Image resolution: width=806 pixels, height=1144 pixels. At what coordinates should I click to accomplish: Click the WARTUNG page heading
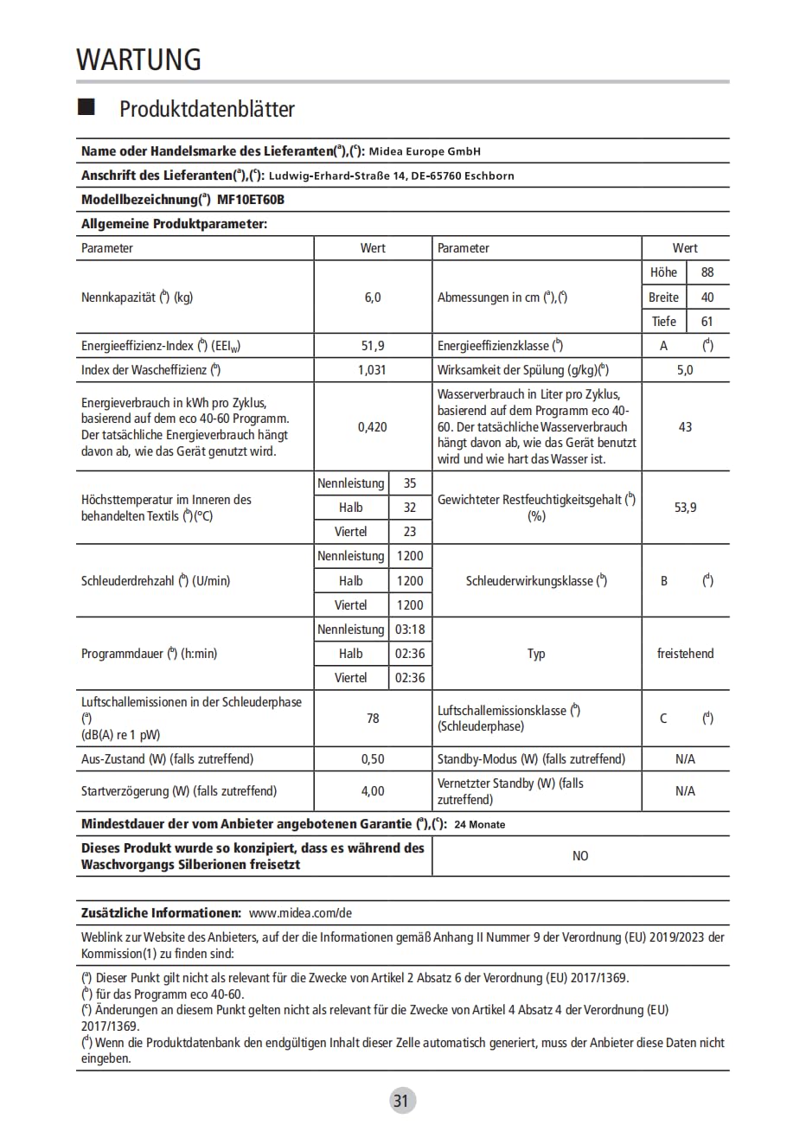coord(138,59)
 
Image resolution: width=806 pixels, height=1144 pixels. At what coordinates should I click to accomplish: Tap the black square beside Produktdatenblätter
coord(86,107)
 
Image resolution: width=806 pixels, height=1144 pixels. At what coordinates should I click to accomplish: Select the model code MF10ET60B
coord(251,200)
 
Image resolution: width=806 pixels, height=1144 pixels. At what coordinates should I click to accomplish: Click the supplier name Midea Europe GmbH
coord(425,151)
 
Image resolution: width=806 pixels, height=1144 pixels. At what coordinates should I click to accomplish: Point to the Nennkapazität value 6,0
coord(373,297)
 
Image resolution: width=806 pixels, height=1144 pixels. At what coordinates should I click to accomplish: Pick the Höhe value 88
coord(707,272)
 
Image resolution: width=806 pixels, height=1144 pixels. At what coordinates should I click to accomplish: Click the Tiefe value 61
coord(707,322)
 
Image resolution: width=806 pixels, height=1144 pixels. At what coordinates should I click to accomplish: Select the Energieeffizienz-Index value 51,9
coord(373,346)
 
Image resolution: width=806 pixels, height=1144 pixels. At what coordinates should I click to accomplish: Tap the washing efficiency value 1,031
coord(372,370)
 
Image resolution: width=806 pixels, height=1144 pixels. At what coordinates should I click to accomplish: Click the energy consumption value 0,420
coord(373,427)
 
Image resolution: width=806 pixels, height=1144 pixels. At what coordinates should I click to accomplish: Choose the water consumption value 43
coord(685,427)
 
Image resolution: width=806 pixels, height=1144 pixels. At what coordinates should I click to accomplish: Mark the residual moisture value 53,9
coord(685,508)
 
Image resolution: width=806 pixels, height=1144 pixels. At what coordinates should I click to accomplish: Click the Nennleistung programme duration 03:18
coord(410,630)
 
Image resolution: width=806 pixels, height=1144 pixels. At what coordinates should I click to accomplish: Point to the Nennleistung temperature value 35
coord(410,483)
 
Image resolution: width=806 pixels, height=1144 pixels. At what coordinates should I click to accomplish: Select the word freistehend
coord(685,654)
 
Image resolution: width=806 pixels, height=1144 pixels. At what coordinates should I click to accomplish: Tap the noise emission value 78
coord(373,719)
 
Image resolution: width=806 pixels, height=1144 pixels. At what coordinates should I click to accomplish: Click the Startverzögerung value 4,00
coord(373,791)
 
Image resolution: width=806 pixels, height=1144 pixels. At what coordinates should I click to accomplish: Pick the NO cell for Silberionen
coord(580,856)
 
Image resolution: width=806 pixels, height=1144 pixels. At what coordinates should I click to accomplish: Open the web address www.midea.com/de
coord(300,913)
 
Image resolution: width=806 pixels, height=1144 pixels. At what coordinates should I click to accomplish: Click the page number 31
coord(400,1101)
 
